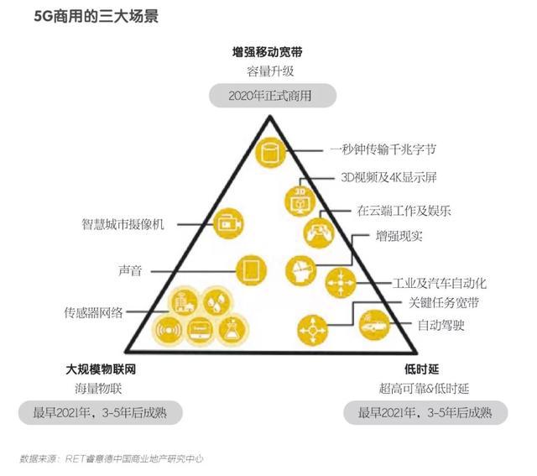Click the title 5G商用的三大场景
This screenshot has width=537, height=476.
(x=96, y=16)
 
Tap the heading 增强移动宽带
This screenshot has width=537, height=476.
(x=268, y=52)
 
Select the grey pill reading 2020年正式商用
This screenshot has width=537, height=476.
(x=273, y=95)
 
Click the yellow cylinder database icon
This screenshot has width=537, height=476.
(x=270, y=152)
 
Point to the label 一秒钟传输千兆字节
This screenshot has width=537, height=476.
(x=383, y=149)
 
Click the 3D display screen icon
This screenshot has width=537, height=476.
(x=300, y=201)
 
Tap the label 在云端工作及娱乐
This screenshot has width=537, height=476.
(x=404, y=211)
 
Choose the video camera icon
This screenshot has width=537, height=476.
(x=228, y=223)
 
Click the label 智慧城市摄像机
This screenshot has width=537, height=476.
(x=123, y=224)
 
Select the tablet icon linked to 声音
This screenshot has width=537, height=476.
(x=251, y=270)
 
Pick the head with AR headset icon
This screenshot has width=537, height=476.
(x=300, y=270)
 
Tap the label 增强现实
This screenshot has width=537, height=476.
(x=399, y=236)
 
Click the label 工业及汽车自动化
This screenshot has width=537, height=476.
(x=440, y=283)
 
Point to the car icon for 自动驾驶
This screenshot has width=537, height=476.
(x=374, y=325)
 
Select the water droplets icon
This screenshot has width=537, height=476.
(x=216, y=302)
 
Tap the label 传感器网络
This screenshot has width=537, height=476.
(x=93, y=312)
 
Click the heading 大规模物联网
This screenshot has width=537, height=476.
(x=101, y=369)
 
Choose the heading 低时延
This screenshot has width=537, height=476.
(x=422, y=369)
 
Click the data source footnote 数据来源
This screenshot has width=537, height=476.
(x=112, y=458)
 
